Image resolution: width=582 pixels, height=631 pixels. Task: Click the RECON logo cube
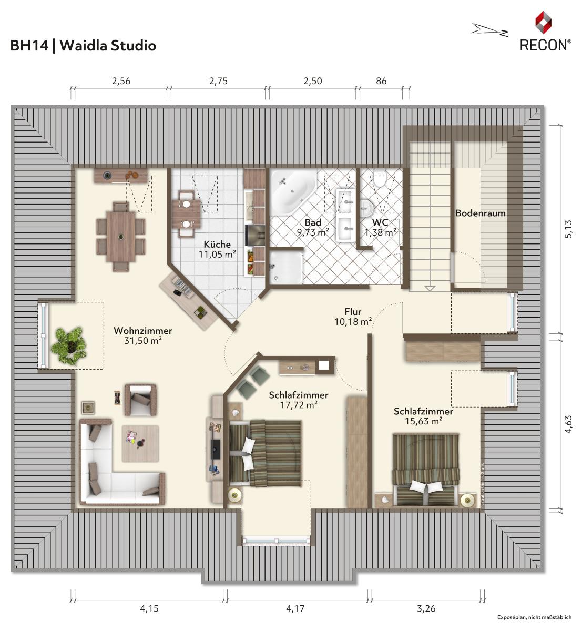click(x=544, y=23)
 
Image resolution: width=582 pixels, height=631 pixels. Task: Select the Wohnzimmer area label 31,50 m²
click(x=143, y=341)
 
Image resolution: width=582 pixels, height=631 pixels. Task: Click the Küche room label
click(x=217, y=245)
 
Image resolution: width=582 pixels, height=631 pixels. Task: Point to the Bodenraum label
click(x=481, y=213)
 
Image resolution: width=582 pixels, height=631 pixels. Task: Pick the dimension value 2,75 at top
click(x=218, y=81)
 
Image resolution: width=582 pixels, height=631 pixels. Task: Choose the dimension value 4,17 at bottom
click(x=295, y=609)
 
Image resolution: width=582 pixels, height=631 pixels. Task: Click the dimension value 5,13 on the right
click(x=568, y=229)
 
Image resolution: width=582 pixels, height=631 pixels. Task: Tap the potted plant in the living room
click(x=70, y=345)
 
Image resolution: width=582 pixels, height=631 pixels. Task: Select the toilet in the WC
click(x=379, y=178)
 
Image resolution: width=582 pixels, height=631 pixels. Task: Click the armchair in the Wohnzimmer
click(x=140, y=400)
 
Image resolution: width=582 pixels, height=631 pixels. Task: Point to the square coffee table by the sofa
click(x=140, y=444)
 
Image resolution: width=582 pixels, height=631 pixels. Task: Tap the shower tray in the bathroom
click(x=285, y=267)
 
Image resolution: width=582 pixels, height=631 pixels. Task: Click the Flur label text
click(x=353, y=311)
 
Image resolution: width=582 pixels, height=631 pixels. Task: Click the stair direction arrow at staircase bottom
click(x=430, y=288)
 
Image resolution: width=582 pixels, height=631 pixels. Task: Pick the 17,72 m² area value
click(x=299, y=405)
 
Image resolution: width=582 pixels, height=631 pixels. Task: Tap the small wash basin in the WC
click(x=366, y=208)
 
